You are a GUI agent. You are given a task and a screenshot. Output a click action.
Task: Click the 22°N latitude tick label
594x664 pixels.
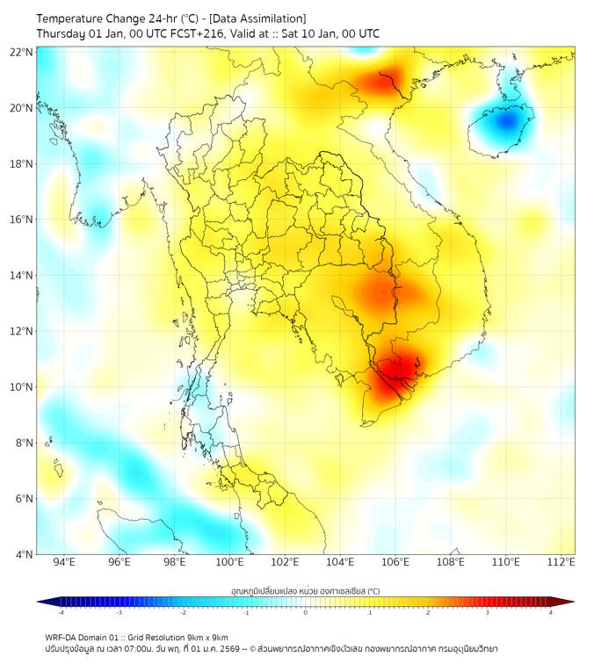pyautogui.click(x=22, y=52)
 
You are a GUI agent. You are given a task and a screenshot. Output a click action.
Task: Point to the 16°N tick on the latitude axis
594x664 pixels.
pyautogui.click(x=22, y=220)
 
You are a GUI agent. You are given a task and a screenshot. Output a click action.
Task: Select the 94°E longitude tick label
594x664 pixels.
pyautogui.click(x=64, y=562)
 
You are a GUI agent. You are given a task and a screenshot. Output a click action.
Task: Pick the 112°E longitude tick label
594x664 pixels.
pyautogui.click(x=561, y=562)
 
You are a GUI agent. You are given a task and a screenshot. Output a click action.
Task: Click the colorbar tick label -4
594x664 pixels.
pyautogui.click(x=61, y=612)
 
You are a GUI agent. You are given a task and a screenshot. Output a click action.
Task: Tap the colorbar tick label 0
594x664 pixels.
pyautogui.click(x=306, y=612)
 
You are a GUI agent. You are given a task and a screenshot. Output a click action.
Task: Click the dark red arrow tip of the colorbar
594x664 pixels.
pyautogui.click(x=570, y=602)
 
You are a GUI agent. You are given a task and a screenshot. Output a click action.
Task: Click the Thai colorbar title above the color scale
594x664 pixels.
pyautogui.click(x=305, y=590)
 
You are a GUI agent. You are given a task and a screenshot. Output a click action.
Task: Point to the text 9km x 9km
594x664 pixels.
pyautogui.click(x=206, y=638)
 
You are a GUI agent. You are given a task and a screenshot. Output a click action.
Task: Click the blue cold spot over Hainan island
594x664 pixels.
pyautogui.click(x=505, y=121)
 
